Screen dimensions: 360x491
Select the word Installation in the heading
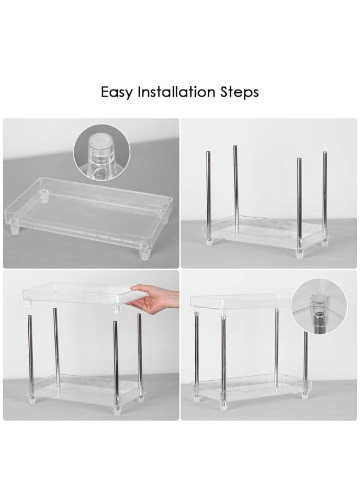(x=177, y=92)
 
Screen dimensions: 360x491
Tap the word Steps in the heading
(x=239, y=93)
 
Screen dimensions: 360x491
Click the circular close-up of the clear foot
(x=101, y=152)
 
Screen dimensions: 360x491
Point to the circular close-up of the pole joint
(x=319, y=307)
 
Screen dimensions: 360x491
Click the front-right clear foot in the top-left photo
(x=145, y=252)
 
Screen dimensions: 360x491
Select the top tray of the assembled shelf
(x=241, y=301)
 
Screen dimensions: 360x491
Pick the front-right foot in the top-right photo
(x=299, y=253)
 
